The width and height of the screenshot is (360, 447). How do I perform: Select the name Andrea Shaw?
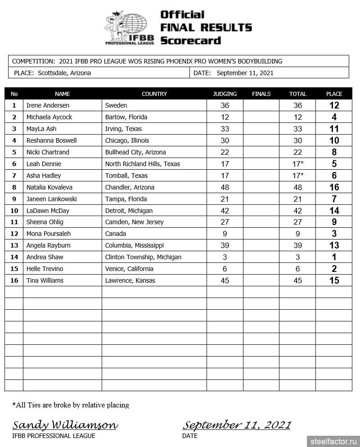[45, 257]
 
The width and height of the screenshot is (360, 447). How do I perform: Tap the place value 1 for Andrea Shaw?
[334, 257]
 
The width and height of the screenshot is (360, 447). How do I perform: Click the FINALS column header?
[261, 94]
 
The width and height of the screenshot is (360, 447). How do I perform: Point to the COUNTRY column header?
[154, 94]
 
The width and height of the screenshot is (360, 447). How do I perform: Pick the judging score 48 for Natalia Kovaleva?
[225, 187]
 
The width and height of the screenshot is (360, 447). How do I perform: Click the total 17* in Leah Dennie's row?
[297, 164]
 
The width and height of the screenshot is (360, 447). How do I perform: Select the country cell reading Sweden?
[116, 105]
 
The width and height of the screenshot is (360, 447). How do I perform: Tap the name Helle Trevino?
[45, 269]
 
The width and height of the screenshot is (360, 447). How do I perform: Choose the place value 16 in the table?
[334, 187]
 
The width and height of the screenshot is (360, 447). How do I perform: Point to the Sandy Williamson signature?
[65, 425]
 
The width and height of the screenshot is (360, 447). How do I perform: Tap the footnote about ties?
[71, 405]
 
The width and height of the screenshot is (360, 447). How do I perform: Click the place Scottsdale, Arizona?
[64, 73]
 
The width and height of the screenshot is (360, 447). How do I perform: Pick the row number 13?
[14, 245]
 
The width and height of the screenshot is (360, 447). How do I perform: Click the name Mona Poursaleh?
[49, 234]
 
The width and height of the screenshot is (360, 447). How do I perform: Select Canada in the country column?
[116, 234]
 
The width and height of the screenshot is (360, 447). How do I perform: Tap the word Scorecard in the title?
[191, 40]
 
